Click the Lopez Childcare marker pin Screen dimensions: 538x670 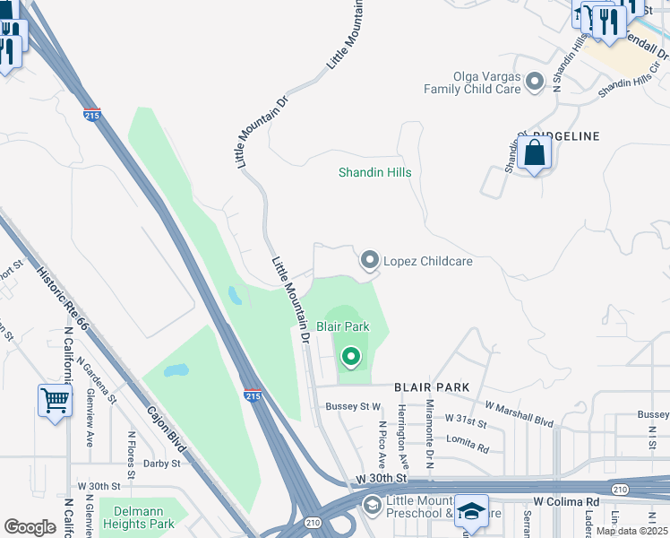[369, 260]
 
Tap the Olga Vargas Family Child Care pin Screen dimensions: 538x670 [535, 82]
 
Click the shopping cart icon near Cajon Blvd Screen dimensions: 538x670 [55, 401]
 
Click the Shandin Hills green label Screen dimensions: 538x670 [374, 172]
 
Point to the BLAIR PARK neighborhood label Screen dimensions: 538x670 [432, 387]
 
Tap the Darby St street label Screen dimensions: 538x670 [162, 464]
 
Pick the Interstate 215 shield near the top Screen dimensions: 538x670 [91, 115]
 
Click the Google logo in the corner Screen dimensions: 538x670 [30, 526]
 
